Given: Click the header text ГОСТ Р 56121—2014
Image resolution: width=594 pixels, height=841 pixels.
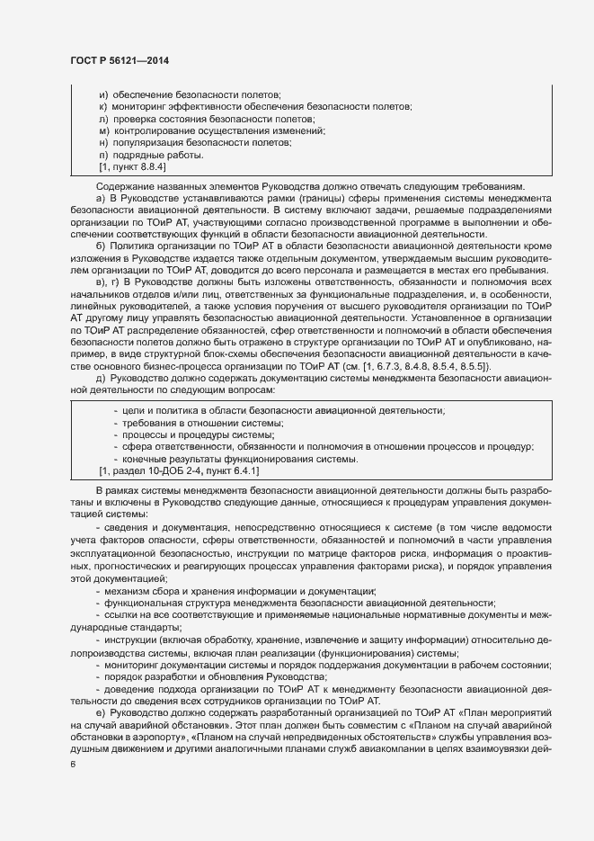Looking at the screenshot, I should tap(119, 59).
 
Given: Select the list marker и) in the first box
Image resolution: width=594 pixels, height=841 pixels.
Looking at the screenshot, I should tap(103, 94).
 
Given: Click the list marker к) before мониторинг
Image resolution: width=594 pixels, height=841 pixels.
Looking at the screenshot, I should tap(103, 107).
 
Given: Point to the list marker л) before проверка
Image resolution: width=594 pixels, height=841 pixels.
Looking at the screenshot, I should tap(103, 119).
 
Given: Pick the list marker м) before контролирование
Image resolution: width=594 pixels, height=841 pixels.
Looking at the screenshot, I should tap(103, 131).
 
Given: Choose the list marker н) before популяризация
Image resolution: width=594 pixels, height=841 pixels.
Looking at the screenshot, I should tap(103, 143).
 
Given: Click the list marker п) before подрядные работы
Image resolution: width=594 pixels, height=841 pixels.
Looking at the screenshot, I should tap(103, 156).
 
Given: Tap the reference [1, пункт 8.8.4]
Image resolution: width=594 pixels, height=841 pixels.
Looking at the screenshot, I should tap(131, 167).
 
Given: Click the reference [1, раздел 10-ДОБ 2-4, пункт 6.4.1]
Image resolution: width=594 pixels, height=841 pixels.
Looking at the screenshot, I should tap(180, 470).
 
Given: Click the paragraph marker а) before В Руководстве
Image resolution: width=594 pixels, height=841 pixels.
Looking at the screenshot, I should tap(100, 197).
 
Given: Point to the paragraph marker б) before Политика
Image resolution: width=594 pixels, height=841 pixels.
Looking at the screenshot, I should tap(100, 246).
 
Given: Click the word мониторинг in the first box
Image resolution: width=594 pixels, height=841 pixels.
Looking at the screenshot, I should tap(142, 107).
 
